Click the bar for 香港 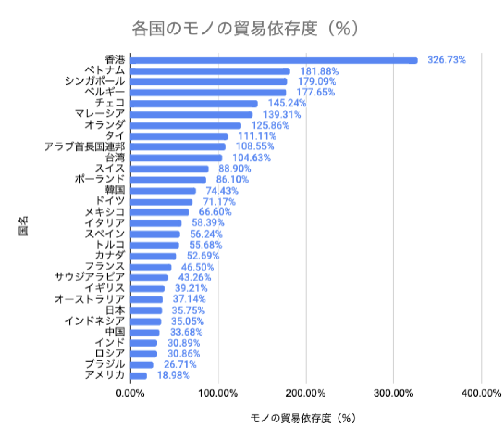click(x=274, y=61)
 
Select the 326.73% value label click(x=446, y=60)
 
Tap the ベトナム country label click(x=105, y=70)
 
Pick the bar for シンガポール click(x=209, y=82)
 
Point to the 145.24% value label click(x=287, y=103)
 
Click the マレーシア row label click(x=100, y=114)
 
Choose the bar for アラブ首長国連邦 click(x=178, y=147)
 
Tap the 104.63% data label click(x=252, y=158)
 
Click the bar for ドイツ click(x=161, y=202)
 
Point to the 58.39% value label click(x=208, y=223)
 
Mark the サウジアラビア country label click(x=89, y=277)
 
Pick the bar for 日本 click(x=146, y=311)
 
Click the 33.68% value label click(x=186, y=332)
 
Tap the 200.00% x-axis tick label click(x=306, y=394)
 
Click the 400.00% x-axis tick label click(x=481, y=394)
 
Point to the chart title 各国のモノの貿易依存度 click(x=245, y=29)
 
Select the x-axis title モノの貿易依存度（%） click(x=303, y=418)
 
